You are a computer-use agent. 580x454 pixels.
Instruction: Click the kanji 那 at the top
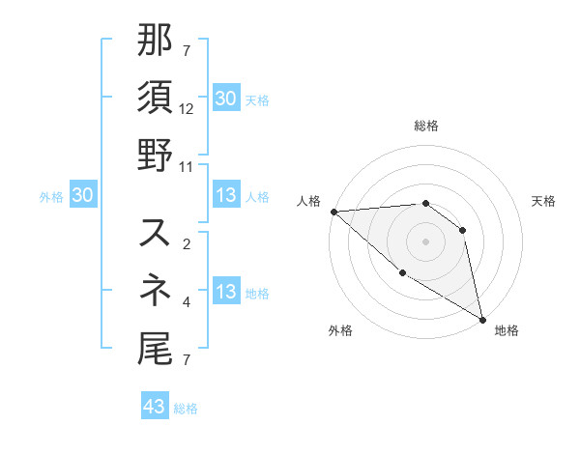click(x=156, y=42)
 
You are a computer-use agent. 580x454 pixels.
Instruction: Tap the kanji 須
click(x=156, y=99)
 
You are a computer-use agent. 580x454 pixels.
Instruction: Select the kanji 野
click(x=156, y=156)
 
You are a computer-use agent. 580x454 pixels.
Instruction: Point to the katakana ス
click(x=156, y=233)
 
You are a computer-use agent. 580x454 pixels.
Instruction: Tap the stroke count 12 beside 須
click(x=187, y=110)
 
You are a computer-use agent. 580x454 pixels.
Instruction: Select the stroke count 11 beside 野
click(x=187, y=166)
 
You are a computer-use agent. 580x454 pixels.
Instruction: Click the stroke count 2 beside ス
click(x=186, y=243)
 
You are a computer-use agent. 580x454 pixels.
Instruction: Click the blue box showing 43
click(x=154, y=407)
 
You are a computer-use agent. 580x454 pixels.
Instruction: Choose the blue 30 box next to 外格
click(x=82, y=195)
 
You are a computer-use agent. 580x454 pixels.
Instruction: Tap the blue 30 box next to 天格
click(x=225, y=98)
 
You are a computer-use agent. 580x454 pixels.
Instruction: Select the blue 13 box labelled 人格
click(x=225, y=195)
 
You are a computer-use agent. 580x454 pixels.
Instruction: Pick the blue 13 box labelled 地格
click(x=225, y=292)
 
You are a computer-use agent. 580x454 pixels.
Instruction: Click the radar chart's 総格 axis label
click(x=425, y=126)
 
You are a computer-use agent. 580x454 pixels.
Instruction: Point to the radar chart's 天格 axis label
click(x=544, y=201)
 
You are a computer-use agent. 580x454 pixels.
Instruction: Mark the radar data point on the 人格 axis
click(x=333, y=212)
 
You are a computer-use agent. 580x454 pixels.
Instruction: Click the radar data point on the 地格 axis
click(x=482, y=319)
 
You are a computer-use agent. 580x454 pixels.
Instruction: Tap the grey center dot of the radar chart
click(x=425, y=241)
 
